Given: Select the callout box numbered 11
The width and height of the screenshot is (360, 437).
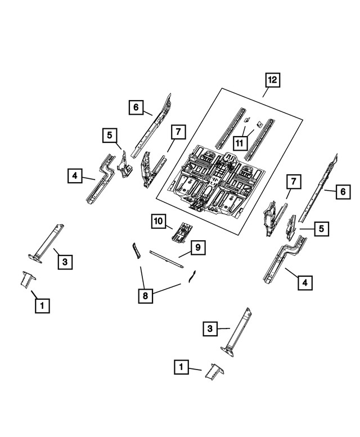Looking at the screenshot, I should tap(240, 143).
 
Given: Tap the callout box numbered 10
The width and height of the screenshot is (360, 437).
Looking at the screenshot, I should tap(159, 222).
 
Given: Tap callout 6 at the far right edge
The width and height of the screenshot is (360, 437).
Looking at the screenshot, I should tap(341, 192).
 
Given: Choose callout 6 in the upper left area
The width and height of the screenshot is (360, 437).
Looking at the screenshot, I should tap(136, 106).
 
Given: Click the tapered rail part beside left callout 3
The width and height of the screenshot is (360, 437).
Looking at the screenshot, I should tap(47, 242).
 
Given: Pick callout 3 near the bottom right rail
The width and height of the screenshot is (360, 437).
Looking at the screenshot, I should tap(209, 328).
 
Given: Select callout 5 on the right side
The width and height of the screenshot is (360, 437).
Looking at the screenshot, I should tap(321, 228).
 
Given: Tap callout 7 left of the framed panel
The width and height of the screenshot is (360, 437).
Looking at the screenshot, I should tap(177, 132).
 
